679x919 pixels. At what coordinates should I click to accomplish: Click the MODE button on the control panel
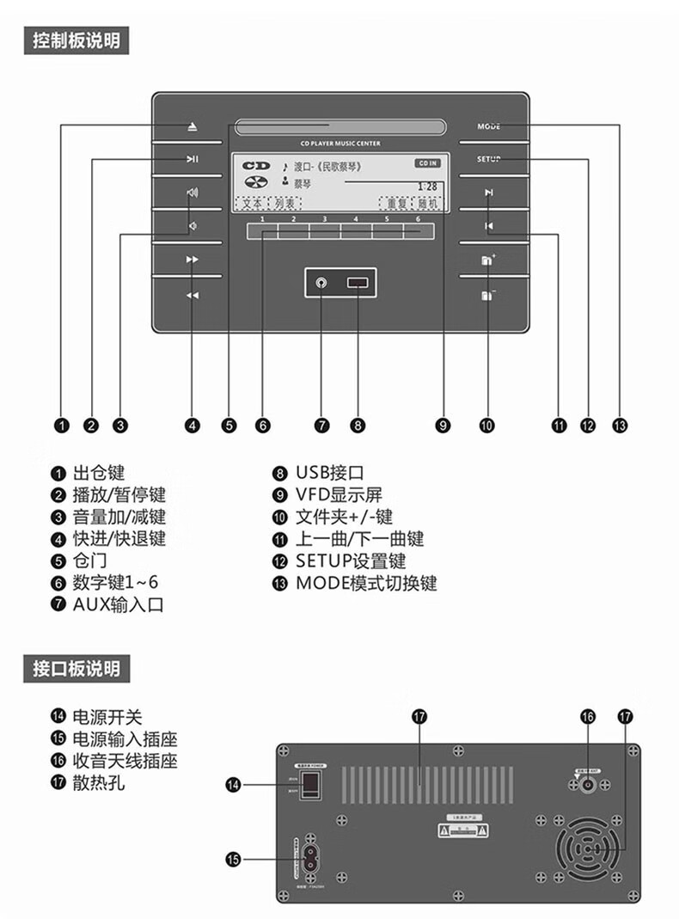(488, 126)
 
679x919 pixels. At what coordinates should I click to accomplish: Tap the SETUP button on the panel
(488, 159)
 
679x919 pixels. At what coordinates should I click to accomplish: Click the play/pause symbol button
(193, 158)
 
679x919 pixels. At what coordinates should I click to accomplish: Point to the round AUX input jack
(321, 283)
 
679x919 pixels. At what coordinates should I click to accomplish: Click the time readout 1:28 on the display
(426, 186)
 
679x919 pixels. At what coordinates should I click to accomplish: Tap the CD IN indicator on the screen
(427, 163)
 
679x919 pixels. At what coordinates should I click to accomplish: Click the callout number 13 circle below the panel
(620, 425)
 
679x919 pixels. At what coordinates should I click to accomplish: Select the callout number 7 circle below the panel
(321, 425)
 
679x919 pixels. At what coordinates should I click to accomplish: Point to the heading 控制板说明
(76, 40)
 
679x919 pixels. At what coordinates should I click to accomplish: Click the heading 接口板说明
(76, 668)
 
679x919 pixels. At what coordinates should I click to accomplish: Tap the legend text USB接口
(330, 472)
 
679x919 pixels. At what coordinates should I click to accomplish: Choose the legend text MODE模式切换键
(366, 583)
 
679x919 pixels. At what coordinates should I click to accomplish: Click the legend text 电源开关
(107, 717)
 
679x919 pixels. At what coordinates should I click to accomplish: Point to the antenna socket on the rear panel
(589, 783)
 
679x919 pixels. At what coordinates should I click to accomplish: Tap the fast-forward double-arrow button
(193, 259)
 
